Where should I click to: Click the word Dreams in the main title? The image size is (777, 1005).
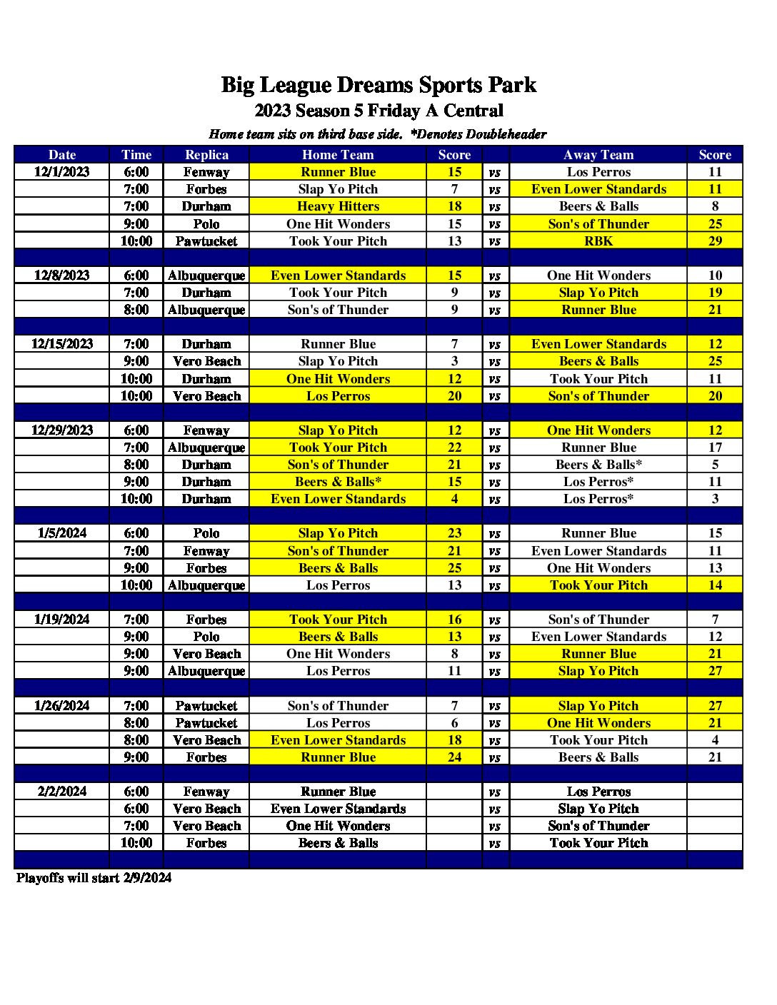tap(375, 85)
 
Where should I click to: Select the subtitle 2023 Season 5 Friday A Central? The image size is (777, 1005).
tap(379, 111)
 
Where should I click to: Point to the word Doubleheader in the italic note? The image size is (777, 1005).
tap(506, 134)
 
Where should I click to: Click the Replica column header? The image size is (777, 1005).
tap(206, 155)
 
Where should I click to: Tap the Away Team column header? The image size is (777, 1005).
tap(598, 155)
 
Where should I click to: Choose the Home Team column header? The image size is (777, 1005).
tap(338, 155)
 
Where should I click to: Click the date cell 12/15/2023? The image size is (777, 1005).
tap(62, 344)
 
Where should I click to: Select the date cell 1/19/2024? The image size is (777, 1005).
tap(62, 620)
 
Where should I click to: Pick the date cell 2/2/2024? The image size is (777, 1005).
tap(62, 792)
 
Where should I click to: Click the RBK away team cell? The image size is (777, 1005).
tap(598, 241)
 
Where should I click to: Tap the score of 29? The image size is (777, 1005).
tap(715, 241)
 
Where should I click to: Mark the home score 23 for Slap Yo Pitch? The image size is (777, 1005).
tap(454, 533)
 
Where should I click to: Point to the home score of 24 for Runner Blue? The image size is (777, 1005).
tap(454, 757)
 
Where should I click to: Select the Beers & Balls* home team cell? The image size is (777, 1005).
tap(338, 482)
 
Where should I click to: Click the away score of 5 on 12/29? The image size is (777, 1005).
tap(715, 465)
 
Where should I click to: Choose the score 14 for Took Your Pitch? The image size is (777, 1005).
tap(715, 585)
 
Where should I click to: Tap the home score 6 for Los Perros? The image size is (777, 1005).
tap(454, 723)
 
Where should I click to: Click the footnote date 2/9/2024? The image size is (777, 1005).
tap(146, 878)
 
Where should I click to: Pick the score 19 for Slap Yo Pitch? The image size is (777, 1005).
tap(715, 293)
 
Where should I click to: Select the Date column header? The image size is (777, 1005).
tap(62, 155)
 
